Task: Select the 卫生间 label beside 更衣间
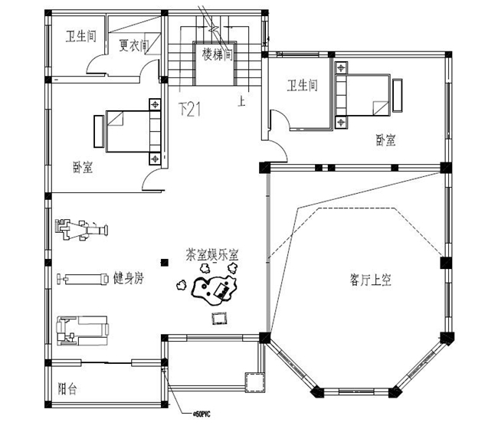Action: (x=80, y=36)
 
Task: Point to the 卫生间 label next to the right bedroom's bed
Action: (x=302, y=85)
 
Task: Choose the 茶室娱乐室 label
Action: (x=211, y=254)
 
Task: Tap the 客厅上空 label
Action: (x=371, y=280)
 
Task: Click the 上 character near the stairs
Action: (x=242, y=100)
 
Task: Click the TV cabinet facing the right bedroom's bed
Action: (x=398, y=95)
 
